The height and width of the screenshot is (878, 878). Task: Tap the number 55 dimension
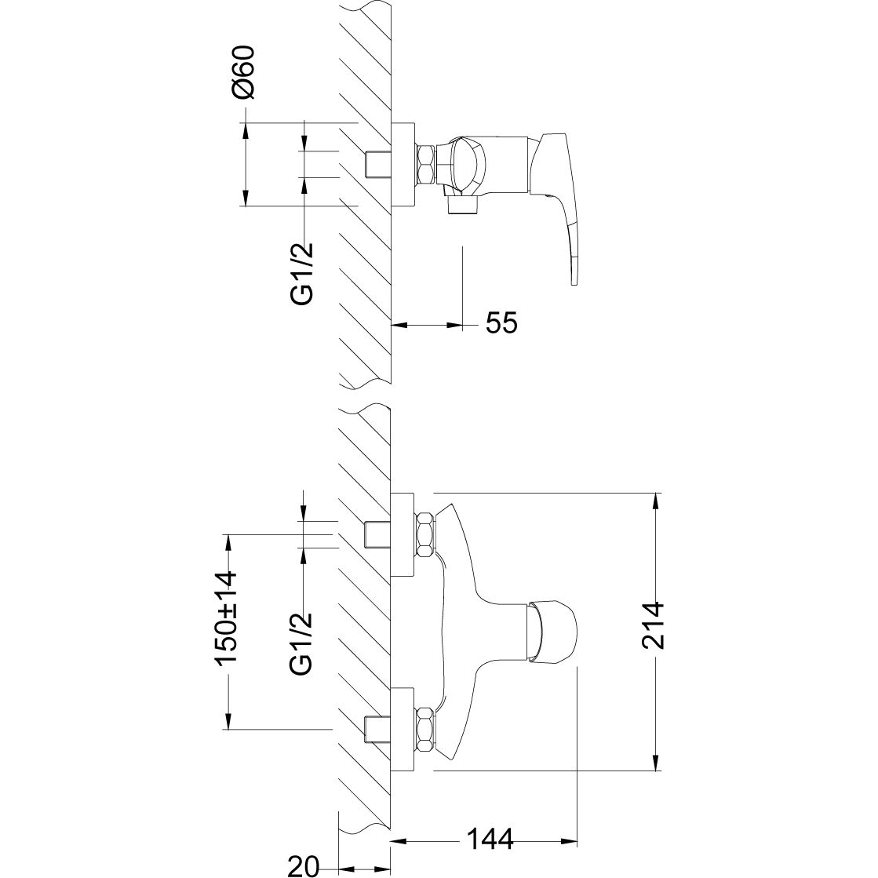(501, 322)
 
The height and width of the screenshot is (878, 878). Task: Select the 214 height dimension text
(652, 625)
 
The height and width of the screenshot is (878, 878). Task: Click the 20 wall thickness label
(303, 865)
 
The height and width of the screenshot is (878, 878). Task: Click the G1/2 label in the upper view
(302, 275)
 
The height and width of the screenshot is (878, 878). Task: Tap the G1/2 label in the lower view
(301, 643)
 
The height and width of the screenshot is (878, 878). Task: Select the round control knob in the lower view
(551, 631)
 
